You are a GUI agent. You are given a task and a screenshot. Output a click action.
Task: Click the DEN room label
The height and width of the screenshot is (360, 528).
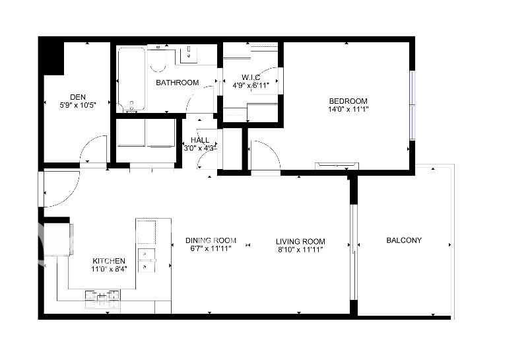[78, 97]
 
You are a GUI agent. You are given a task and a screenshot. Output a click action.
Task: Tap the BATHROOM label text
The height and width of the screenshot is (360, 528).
[177, 83]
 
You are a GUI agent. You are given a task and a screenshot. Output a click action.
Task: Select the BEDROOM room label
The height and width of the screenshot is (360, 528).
[348, 101]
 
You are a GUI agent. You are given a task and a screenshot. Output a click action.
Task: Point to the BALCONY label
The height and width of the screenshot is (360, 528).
[404, 240]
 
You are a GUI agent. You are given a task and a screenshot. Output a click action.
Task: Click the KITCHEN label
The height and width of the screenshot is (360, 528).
[109, 261]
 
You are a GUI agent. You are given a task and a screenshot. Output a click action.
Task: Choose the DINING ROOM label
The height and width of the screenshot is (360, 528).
[211, 240]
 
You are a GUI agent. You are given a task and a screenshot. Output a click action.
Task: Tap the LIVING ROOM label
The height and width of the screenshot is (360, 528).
[300, 242]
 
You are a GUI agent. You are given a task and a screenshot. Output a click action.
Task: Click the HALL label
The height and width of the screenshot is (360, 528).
[200, 140]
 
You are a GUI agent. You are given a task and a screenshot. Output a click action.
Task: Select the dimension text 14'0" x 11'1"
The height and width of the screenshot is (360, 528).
[348, 109]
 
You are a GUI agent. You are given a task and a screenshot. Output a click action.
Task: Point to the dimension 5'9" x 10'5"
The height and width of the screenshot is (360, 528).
[78, 105]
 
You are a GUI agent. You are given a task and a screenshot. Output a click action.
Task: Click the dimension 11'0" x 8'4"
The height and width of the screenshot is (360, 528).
[109, 269]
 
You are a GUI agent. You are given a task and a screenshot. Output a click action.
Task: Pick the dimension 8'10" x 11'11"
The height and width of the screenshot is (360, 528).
[300, 250]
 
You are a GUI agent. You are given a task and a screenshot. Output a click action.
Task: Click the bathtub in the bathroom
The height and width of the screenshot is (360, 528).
[131, 79]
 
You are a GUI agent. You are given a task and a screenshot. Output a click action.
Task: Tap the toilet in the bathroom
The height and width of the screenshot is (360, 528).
[158, 61]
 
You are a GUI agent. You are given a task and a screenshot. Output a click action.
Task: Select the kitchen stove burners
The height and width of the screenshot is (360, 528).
[102, 296]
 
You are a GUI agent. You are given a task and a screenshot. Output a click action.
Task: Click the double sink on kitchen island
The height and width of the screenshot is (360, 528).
[147, 260]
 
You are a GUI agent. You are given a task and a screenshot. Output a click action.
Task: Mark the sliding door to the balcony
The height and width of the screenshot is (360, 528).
[353, 252]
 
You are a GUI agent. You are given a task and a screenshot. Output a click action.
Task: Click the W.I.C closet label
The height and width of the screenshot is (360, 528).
[251, 77]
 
